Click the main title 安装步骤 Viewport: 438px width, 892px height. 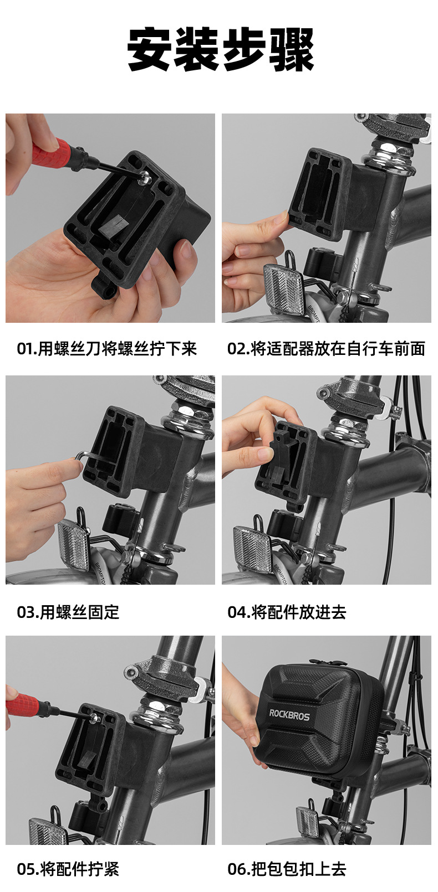click(220, 49)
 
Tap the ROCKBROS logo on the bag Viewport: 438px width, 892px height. click(289, 714)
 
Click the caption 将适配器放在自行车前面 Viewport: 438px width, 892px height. click(338, 348)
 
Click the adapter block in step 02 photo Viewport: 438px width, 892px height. click(331, 195)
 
